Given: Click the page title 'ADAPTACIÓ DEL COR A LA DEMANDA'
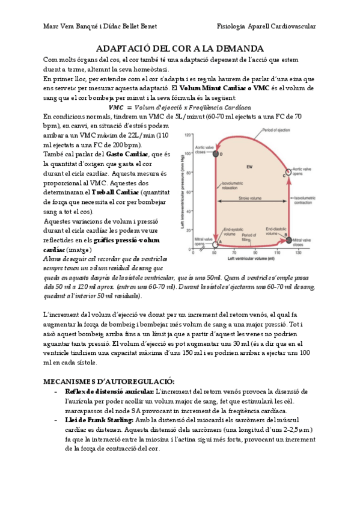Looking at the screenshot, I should [x=180, y=48].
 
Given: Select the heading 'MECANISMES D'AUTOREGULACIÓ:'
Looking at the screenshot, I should [x=109, y=381].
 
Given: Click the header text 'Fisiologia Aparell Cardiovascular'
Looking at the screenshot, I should [x=266, y=26].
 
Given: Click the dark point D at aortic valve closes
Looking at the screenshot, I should [x=215, y=155].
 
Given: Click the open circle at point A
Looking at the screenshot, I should [x=215, y=244].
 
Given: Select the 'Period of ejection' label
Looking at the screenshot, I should [x=278, y=131].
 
